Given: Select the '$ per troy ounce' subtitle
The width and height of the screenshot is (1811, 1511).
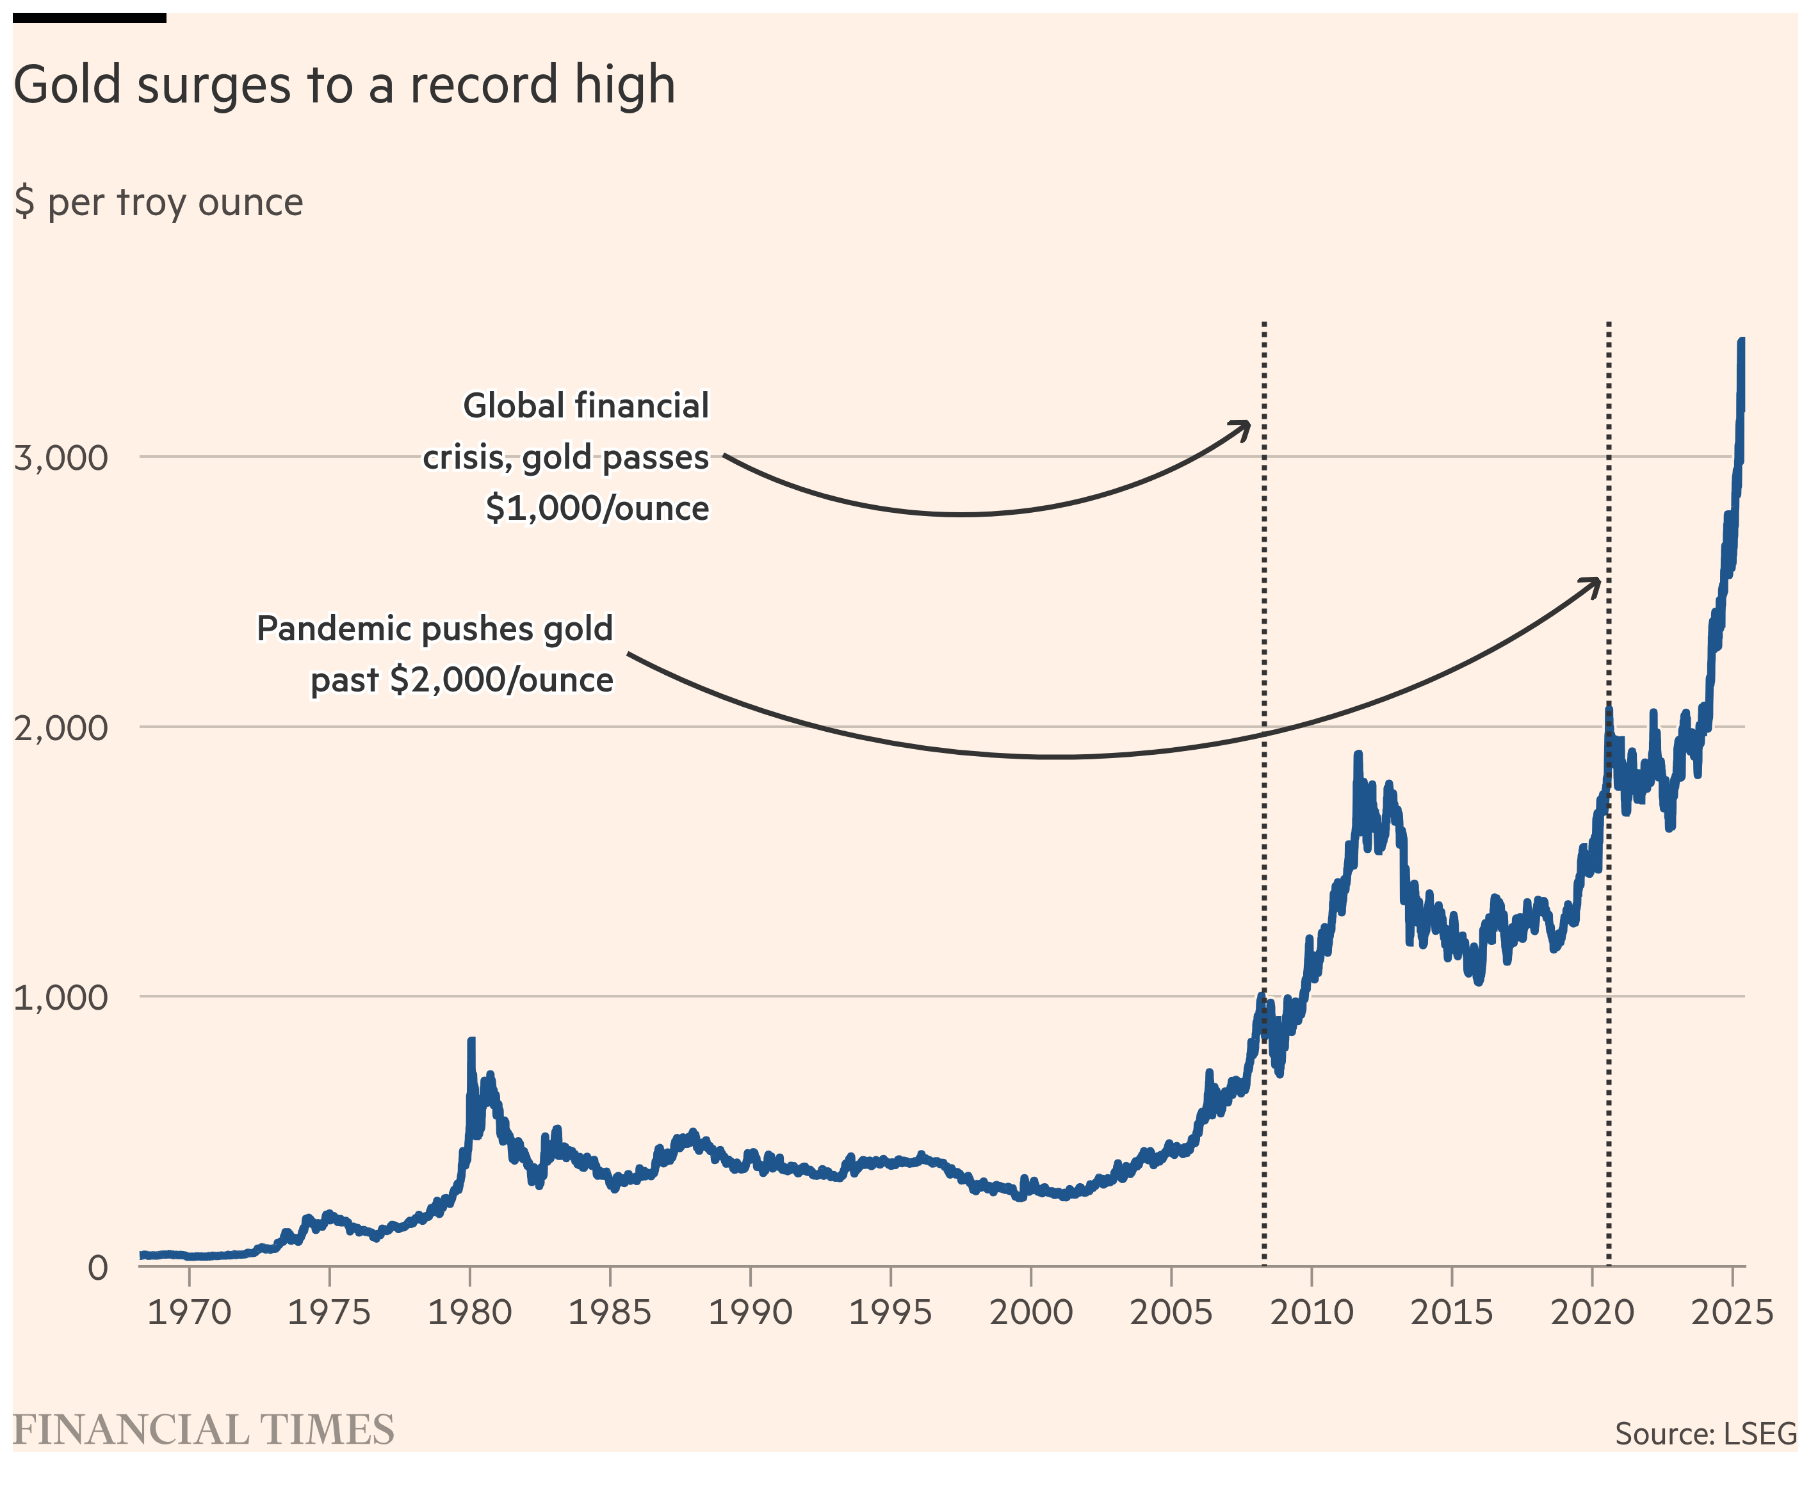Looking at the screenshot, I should tap(159, 203).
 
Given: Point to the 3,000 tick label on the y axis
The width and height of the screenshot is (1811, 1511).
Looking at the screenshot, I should tap(61, 457).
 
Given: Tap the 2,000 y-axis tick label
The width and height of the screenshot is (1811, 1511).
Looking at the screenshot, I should tap(61, 728).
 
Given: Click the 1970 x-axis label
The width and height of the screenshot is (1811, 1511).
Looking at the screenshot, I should tap(189, 1313).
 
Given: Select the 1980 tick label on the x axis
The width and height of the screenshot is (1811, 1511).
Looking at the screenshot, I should tap(470, 1313).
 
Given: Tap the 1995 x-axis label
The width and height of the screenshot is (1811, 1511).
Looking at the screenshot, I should tap(891, 1313).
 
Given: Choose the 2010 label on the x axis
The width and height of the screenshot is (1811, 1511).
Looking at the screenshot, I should tap(1312, 1313).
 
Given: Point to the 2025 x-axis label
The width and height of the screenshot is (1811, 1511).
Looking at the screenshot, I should tap(1732, 1313).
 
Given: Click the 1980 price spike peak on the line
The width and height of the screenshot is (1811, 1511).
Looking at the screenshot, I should tap(471, 1042).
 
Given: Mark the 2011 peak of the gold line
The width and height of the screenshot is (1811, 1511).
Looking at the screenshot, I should tap(1358, 755).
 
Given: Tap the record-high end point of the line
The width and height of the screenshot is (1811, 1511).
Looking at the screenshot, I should tap(1741, 341).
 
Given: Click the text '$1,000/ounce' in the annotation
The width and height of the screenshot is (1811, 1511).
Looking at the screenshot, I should tap(597, 508).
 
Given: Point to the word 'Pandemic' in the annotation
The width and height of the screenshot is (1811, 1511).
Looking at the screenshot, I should tap(332, 629).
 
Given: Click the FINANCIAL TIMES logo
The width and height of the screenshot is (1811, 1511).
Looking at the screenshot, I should tap(204, 1430).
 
